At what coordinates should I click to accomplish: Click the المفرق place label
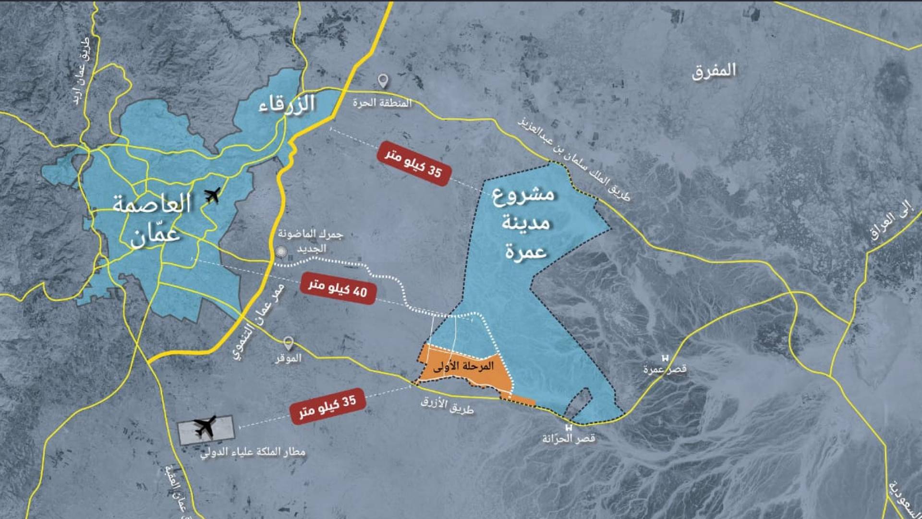click(x=714, y=71)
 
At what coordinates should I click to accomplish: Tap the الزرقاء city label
click(x=287, y=104)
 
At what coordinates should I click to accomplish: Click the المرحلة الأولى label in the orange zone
click(x=463, y=367)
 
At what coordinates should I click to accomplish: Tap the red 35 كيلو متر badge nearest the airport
click(x=328, y=407)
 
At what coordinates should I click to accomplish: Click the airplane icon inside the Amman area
click(x=212, y=195)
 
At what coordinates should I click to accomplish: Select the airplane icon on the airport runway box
click(x=205, y=426)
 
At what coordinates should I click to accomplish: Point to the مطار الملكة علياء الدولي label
click(x=253, y=452)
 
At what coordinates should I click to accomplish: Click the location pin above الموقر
click(x=288, y=343)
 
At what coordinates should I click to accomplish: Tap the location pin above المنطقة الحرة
click(x=382, y=81)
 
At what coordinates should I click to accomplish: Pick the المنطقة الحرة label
click(x=382, y=103)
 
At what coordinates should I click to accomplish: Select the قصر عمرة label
click(x=665, y=369)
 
